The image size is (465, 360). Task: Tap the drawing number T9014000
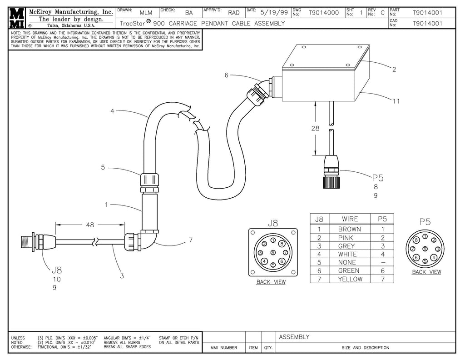click(323, 13)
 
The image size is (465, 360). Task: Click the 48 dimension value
click(90, 225)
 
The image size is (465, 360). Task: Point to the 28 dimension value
click(315, 129)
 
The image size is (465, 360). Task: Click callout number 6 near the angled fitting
click(226, 75)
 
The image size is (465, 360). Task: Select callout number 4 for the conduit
click(112, 111)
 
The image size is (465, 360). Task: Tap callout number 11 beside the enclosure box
click(396, 101)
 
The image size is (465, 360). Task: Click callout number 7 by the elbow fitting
click(191, 240)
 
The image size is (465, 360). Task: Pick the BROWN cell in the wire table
click(349, 229)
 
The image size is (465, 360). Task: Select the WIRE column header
click(349, 219)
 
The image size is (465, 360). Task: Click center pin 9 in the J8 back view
click(272, 253)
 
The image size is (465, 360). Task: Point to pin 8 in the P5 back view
click(416, 240)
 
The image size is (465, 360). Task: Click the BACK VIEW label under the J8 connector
click(271, 282)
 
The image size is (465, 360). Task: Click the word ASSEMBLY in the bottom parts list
click(294, 337)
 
